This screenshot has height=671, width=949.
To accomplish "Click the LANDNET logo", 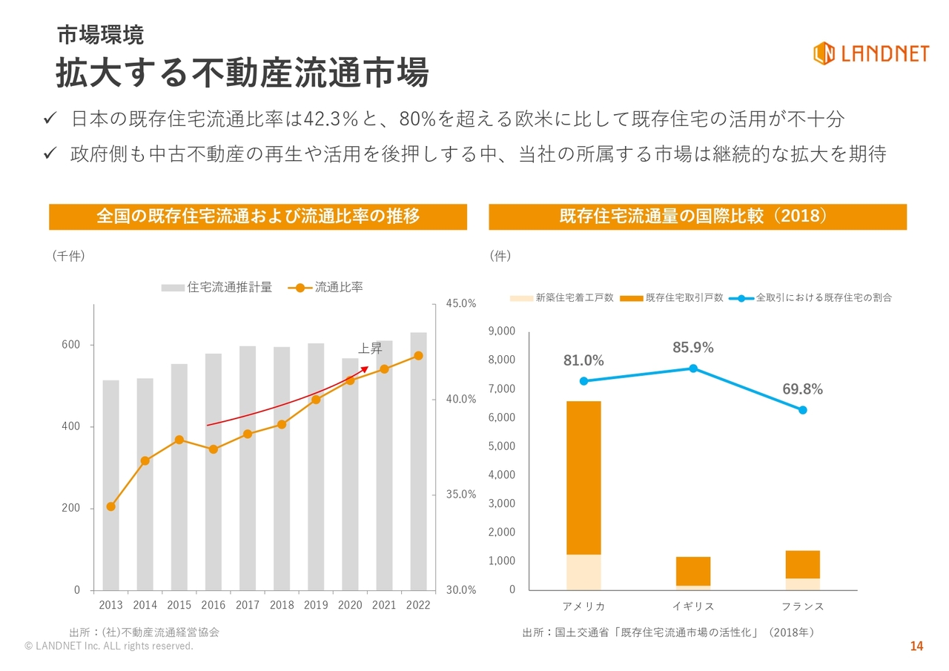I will point(870,53).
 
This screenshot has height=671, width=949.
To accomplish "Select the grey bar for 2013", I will point(110,485).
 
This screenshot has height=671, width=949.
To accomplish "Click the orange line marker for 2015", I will point(179,440).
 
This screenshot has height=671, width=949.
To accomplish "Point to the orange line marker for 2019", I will point(316,400).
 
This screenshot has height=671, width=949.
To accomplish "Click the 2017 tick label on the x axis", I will point(248,605).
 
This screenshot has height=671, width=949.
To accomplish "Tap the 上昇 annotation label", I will point(370,349).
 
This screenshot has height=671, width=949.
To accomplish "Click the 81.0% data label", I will point(583,361).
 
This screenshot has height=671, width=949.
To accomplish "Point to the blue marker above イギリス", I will point(693,368).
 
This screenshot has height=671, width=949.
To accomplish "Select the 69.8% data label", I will point(802,390).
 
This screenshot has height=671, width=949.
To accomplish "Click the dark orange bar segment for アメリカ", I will point(583,477).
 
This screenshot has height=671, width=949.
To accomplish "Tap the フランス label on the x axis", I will point(803,606).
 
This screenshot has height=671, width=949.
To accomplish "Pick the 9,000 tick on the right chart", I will point(502,331).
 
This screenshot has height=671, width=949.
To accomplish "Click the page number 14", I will point(916,647).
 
